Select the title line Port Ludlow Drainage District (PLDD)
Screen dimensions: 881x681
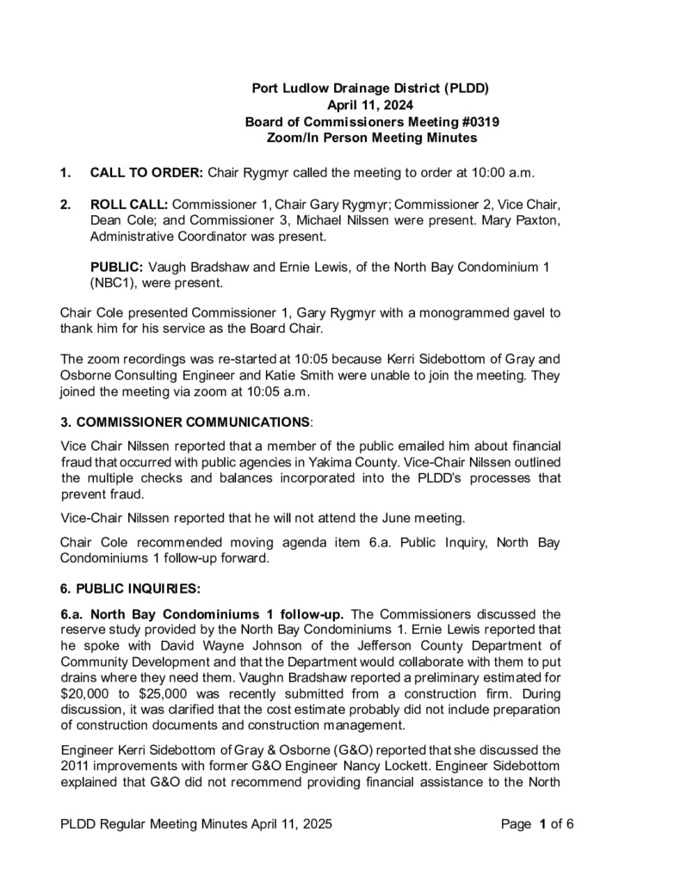click(x=370, y=89)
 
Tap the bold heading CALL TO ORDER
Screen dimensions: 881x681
click(x=146, y=172)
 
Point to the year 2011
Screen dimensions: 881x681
click(x=77, y=767)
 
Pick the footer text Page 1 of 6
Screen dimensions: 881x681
click(x=537, y=824)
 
